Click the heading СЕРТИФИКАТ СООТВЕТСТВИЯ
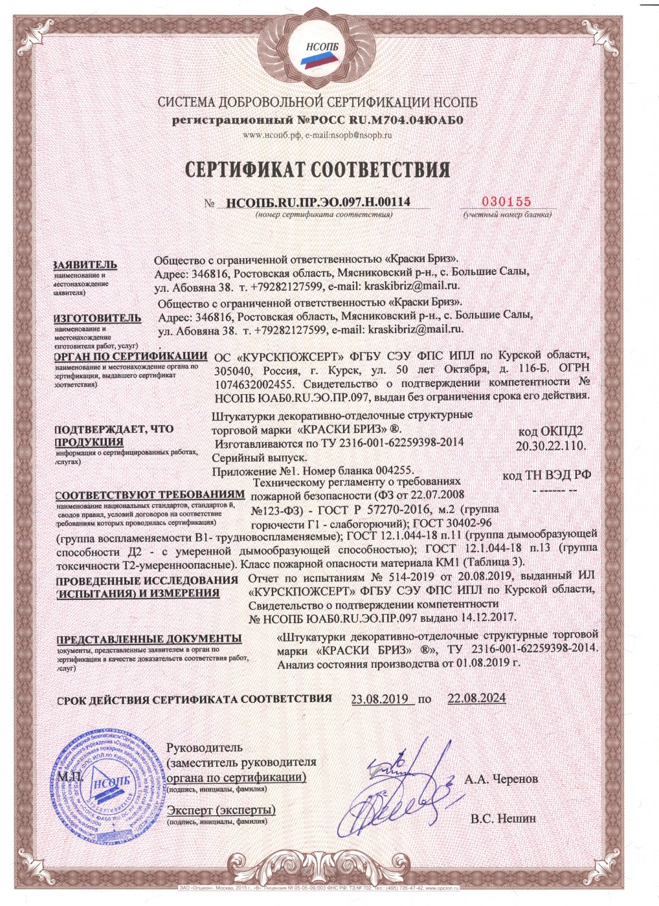tap(317, 170)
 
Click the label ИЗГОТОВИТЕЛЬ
tap(97, 318)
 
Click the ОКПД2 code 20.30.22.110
tap(551, 446)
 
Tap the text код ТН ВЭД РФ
tap(547, 476)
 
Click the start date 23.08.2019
tap(379, 699)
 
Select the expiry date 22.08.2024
tap(476, 699)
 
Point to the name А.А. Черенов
tap(501, 779)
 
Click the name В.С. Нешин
tap(504, 819)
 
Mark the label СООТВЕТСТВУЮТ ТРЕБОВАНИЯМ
tap(151, 494)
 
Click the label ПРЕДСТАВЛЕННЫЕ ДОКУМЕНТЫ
tap(150, 639)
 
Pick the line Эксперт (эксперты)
tap(221, 810)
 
